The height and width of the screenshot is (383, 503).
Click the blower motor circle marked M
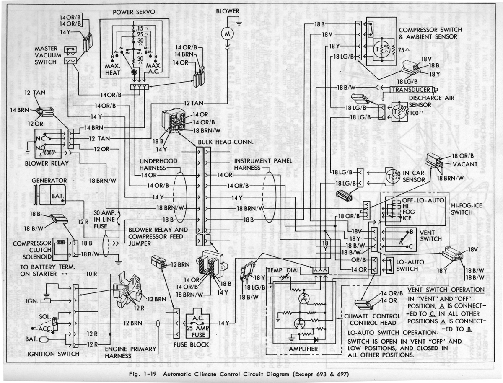point(228,32)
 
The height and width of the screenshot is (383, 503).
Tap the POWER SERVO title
point(134,12)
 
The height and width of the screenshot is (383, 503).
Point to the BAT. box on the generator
point(57,196)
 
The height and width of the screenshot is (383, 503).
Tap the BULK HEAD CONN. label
point(226,142)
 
